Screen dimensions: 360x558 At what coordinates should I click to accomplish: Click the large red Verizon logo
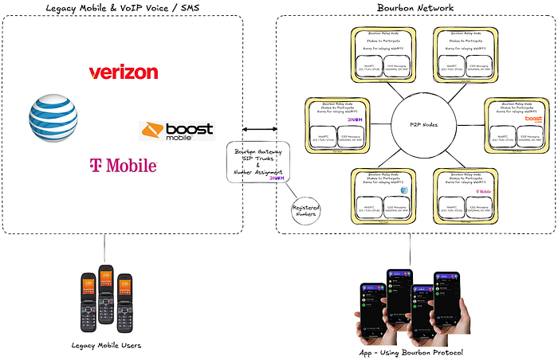click(123, 72)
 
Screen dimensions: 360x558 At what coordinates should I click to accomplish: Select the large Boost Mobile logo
click(176, 130)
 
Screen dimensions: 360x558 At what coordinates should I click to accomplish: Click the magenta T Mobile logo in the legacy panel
click(123, 166)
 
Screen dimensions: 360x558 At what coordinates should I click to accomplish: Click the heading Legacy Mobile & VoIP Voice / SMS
click(123, 8)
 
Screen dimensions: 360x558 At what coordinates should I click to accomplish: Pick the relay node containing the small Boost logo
click(516, 124)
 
